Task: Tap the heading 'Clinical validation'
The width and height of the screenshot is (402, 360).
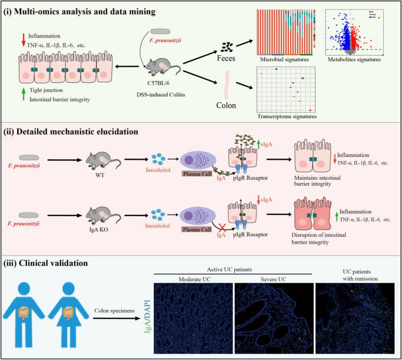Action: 56,263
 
